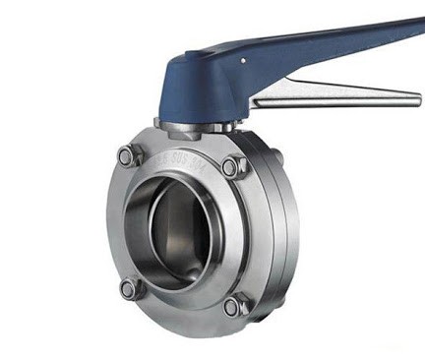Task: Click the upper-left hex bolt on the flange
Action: pos(128,155)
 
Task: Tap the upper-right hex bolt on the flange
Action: pos(233,167)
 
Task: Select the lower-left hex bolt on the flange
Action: pos(129,288)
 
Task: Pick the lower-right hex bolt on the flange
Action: pos(234,307)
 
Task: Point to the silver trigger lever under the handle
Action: pos(325,95)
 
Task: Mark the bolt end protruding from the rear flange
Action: pos(277,156)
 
